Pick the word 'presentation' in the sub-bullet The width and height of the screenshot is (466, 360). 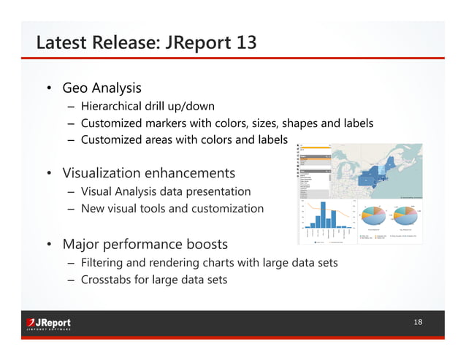click(x=218, y=191)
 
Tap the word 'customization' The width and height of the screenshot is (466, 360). click(x=228, y=209)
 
